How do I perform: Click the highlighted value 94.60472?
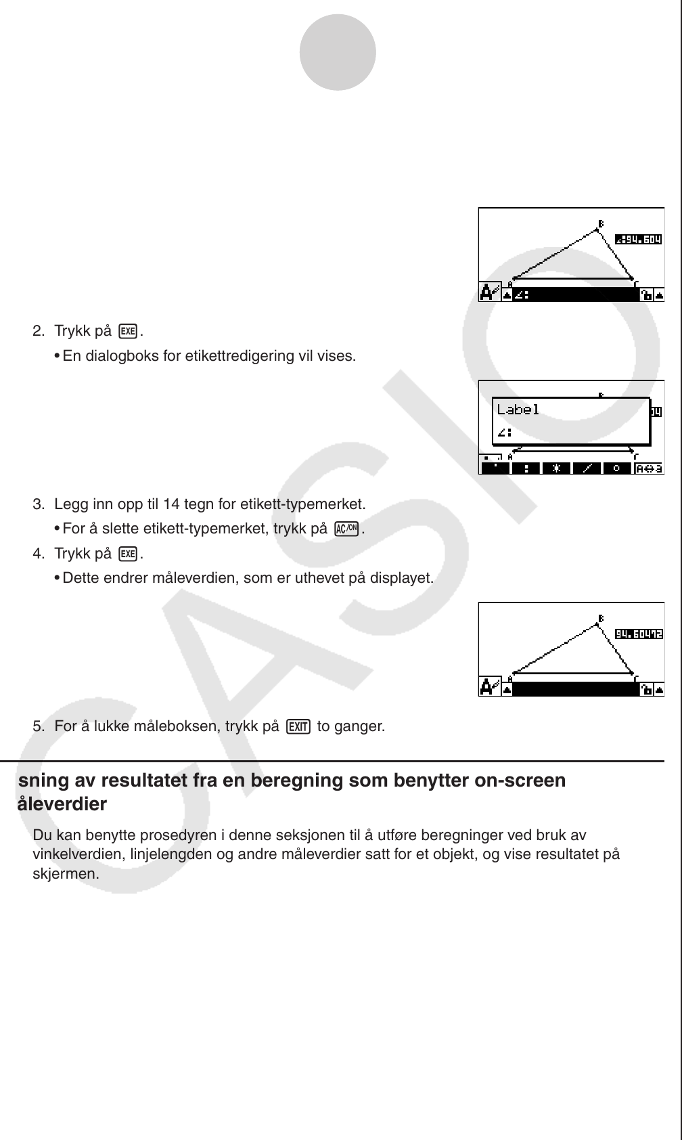coord(638,634)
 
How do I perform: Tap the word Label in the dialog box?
coord(518,409)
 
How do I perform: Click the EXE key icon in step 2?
coord(127,331)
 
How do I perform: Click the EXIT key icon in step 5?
coord(298,727)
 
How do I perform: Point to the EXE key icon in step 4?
coord(127,554)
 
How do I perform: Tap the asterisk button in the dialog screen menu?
coord(556,468)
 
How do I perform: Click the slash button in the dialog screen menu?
coord(587,468)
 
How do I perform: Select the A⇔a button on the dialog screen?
coord(648,468)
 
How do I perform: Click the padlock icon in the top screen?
coord(646,294)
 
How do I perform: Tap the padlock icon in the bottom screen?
coord(646,689)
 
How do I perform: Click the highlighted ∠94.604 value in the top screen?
coord(638,239)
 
